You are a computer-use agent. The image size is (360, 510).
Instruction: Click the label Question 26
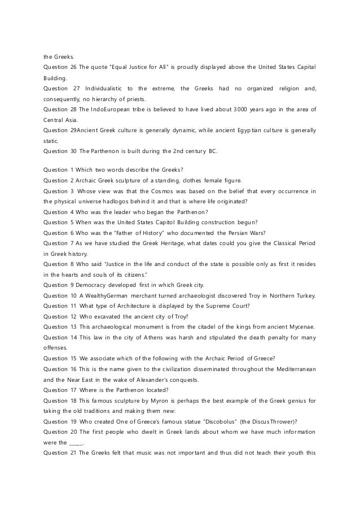tap(59, 68)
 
